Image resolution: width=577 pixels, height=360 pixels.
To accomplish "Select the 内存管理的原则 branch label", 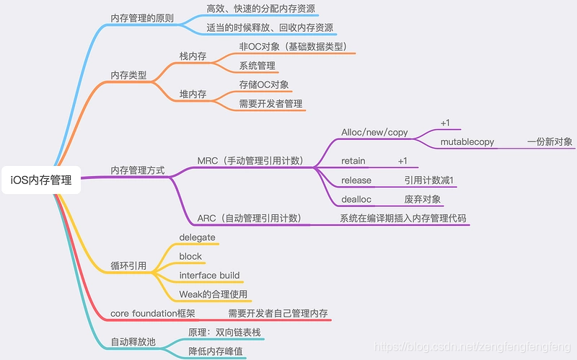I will (x=141, y=17).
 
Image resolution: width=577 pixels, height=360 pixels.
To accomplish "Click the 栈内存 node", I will (x=193, y=56).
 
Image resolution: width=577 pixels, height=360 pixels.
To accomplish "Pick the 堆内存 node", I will (x=193, y=94).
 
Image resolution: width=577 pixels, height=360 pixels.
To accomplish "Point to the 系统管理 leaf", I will (x=257, y=66).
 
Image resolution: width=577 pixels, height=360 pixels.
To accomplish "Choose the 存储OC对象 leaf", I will (x=264, y=84).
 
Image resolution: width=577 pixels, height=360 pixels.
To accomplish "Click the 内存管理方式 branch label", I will (x=137, y=170).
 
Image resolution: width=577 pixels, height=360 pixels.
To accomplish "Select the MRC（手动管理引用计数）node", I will (x=249, y=160).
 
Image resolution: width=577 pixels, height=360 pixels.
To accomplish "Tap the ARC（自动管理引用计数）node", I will (x=249, y=218).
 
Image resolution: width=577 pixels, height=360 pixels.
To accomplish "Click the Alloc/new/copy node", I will (x=374, y=133).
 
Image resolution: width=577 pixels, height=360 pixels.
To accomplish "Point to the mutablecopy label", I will (x=467, y=142).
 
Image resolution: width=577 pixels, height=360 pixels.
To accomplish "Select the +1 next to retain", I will (x=402, y=160).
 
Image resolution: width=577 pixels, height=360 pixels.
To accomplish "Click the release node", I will (x=356, y=180).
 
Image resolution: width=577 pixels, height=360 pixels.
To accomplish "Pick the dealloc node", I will (x=356, y=198).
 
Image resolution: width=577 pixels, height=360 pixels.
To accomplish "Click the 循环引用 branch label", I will (x=128, y=265).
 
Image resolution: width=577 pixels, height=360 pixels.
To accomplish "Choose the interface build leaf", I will (x=209, y=276).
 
